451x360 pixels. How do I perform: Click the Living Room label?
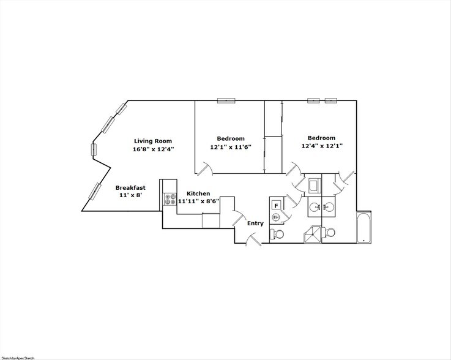click(x=153, y=141)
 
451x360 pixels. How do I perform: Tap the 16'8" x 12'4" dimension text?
click(x=154, y=149)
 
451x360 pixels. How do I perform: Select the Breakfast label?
click(x=130, y=188)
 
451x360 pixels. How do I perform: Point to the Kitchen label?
click(x=198, y=193)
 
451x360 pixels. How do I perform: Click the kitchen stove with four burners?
click(x=169, y=199)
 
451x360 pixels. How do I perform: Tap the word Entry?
click(x=255, y=223)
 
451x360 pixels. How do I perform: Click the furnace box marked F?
click(x=277, y=206)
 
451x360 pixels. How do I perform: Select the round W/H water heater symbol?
click(x=276, y=217)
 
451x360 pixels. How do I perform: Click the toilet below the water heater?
click(x=277, y=234)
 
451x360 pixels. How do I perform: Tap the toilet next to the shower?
click(x=330, y=233)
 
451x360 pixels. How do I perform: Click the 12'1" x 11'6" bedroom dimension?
click(x=230, y=147)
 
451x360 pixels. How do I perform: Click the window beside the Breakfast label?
click(x=95, y=190)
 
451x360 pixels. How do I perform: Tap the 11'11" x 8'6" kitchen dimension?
click(x=198, y=201)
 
